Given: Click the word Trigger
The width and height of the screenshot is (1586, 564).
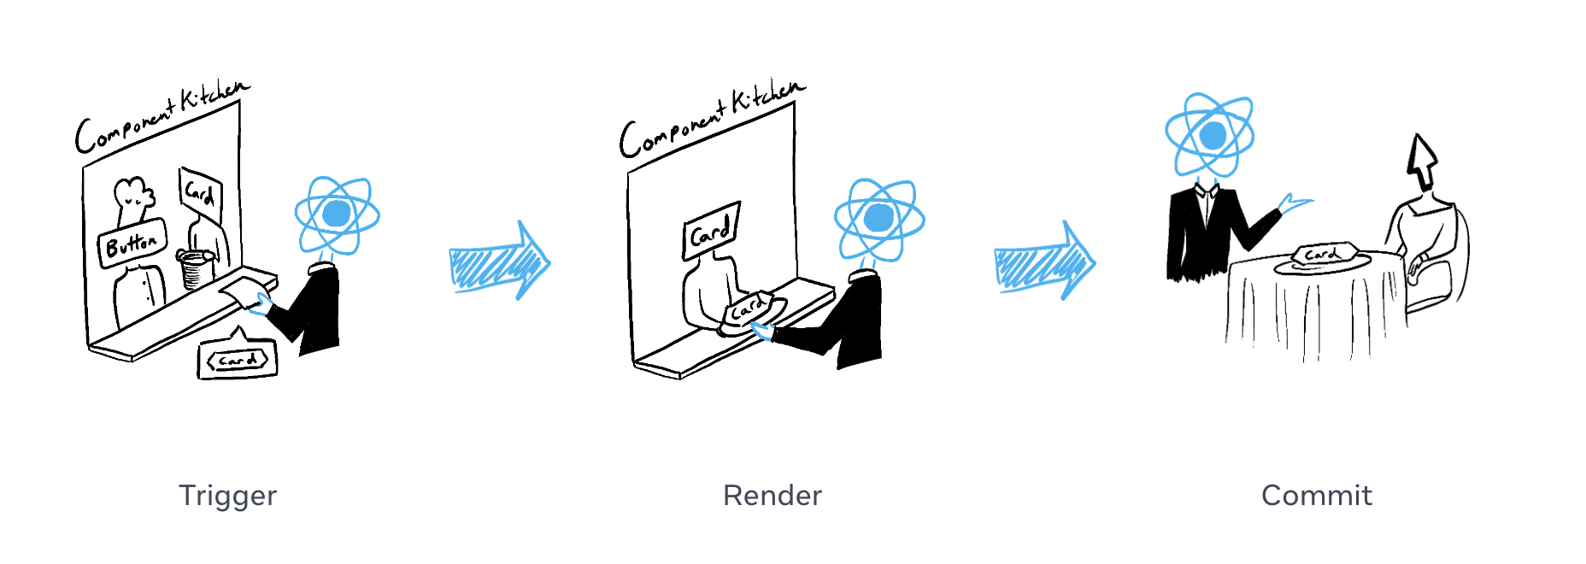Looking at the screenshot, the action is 227,496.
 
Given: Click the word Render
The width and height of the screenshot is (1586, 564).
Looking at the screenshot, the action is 772,496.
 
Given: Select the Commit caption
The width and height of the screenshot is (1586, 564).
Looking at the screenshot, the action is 1316,496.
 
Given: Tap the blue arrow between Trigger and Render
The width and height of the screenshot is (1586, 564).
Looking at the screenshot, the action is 499,262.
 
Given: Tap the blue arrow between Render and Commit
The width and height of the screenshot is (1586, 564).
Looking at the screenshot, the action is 1044,262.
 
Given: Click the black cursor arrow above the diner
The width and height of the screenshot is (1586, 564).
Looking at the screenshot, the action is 1421,160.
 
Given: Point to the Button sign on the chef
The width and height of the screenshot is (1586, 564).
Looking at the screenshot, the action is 132,244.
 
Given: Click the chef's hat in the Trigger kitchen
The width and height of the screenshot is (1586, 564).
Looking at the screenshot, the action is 134,196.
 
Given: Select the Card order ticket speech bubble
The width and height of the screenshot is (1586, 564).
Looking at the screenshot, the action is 238,360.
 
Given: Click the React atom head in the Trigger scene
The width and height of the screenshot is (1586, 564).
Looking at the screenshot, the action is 337,214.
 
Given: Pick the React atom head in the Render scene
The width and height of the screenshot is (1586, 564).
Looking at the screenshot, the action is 879,218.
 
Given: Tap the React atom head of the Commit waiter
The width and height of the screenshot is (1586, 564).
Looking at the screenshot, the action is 1210,135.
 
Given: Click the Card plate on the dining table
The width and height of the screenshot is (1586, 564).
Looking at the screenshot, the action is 1322,256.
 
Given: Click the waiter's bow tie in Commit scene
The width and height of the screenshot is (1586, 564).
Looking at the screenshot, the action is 1207,192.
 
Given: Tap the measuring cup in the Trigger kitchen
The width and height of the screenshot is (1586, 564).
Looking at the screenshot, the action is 197,268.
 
